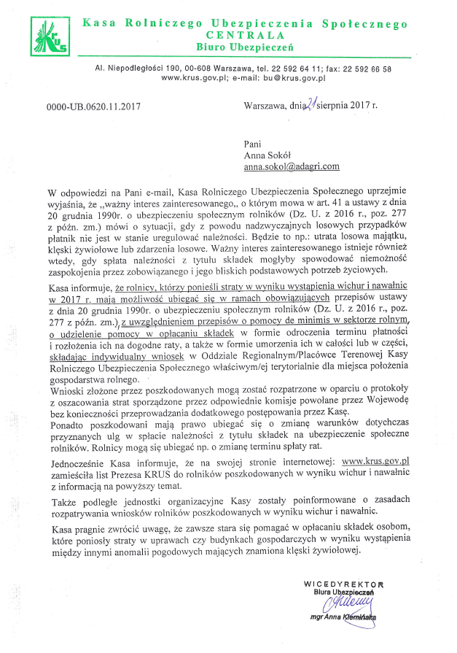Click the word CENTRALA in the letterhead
[245, 35]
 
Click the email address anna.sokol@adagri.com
[292, 166]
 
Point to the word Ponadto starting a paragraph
[64, 422]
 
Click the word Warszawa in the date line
[266, 107]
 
